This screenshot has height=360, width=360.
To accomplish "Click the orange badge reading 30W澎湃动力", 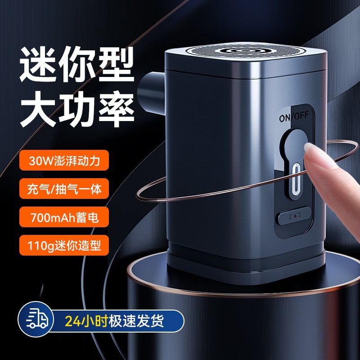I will pos(63,160).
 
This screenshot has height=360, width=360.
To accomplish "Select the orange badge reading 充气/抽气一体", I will pos(63,189).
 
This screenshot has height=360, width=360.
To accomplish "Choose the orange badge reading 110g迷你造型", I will pos(63,246).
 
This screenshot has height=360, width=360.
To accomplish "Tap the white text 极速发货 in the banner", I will pos(137,321).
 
